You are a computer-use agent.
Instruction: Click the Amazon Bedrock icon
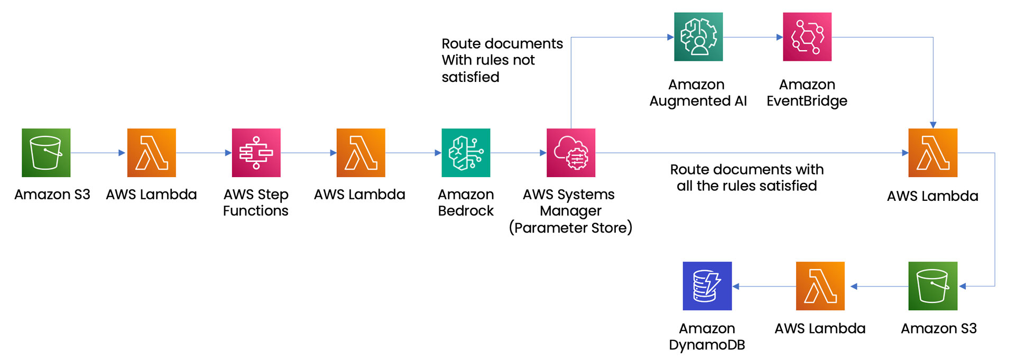[x=466, y=153]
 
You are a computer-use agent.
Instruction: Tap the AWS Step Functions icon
[x=256, y=153]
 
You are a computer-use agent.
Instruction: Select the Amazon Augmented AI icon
[x=698, y=37]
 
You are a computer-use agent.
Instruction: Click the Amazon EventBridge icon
[x=807, y=37]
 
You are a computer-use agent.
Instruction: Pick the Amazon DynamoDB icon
[x=707, y=286]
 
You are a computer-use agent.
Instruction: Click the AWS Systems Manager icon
[x=570, y=153]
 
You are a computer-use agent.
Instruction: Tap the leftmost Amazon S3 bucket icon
[x=46, y=153]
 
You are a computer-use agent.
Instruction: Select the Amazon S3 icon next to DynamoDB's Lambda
[x=933, y=286]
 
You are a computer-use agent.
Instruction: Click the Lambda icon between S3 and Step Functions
[x=151, y=153]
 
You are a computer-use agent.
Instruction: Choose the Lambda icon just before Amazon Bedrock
[x=361, y=153]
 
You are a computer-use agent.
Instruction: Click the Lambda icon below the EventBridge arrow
[x=933, y=153]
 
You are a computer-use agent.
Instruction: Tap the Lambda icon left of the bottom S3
[x=820, y=286]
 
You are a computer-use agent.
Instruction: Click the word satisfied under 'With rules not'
[x=470, y=77]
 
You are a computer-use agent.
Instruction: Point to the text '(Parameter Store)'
[x=570, y=228]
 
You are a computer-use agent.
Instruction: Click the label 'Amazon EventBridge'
[x=807, y=93]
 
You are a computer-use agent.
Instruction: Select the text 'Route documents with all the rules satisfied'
[x=746, y=178]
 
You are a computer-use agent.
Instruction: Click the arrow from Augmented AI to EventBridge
[x=752, y=37]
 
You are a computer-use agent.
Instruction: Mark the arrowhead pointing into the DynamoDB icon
[x=736, y=287]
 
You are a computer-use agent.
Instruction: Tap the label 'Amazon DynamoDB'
[x=707, y=337]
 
